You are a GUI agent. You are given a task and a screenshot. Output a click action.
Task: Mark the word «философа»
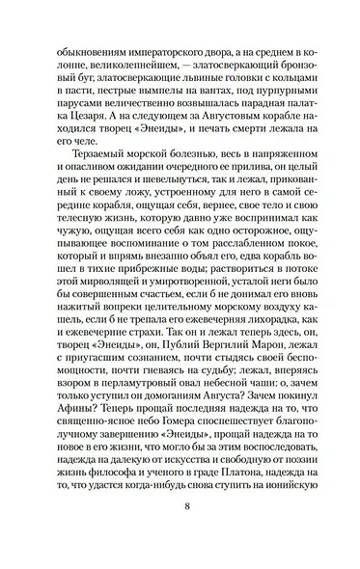click(x=117, y=479)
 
